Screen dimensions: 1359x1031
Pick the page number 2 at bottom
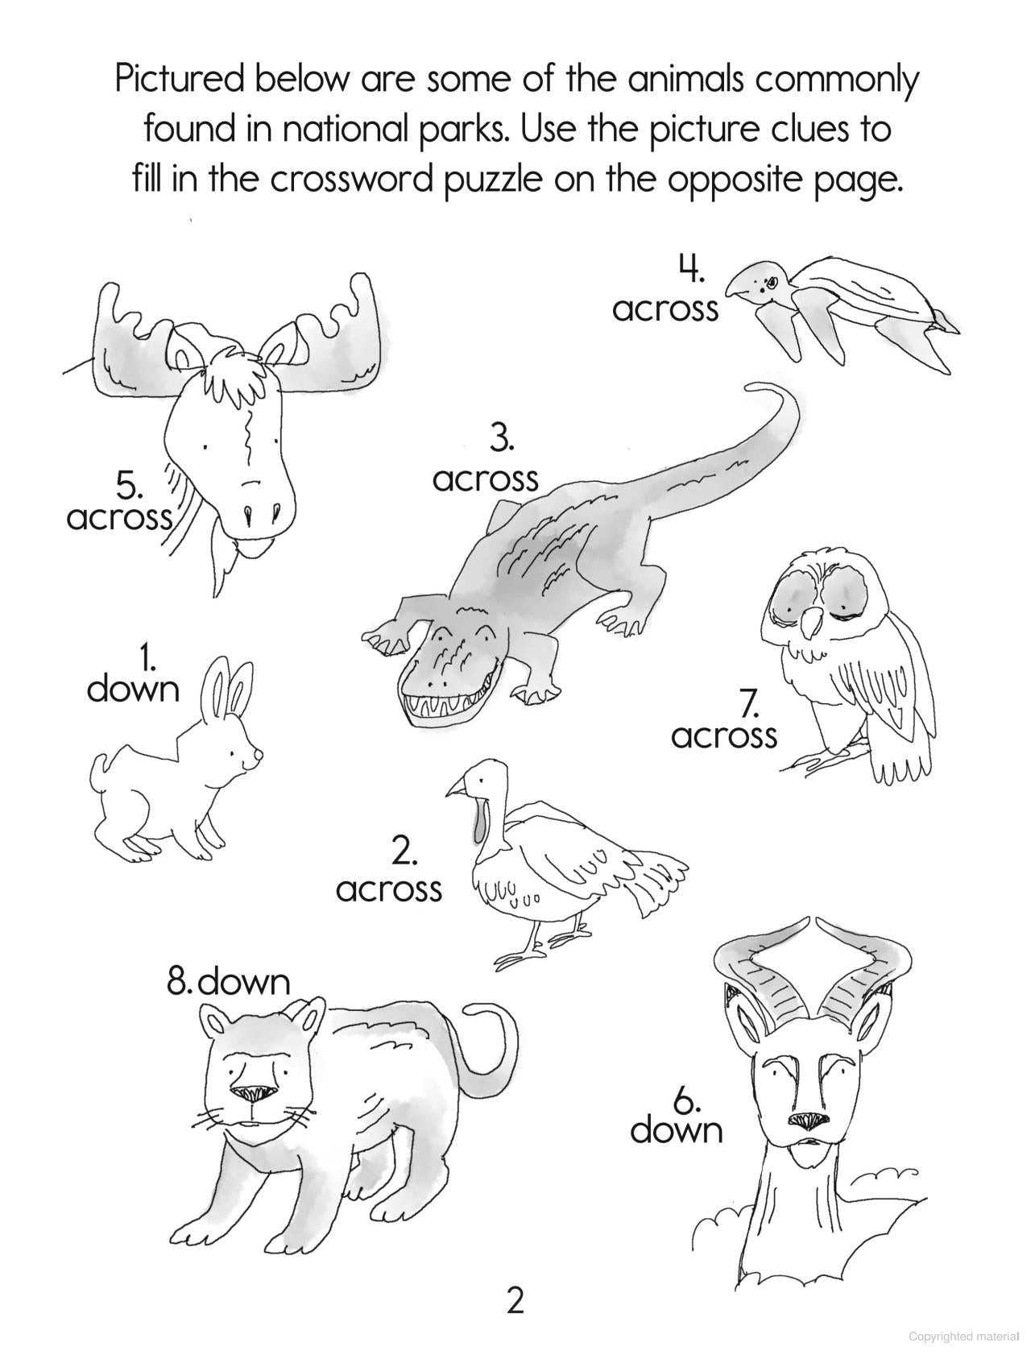[515, 1300]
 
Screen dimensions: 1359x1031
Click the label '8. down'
[228, 981]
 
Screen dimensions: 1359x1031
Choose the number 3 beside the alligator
[501, 440]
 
